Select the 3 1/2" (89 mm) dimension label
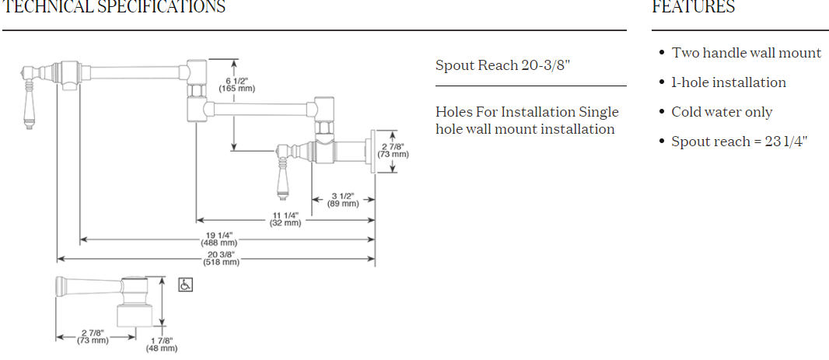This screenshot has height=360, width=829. click(343, 200)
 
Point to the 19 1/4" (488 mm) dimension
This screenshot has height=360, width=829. click(219, 239)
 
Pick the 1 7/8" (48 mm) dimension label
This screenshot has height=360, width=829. click(162, 344)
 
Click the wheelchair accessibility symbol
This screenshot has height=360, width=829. click(186, 285)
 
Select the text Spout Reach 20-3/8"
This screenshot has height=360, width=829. click(503, 65)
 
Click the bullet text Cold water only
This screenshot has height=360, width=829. click(722, 112)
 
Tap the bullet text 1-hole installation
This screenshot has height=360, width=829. click(729, 82)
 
